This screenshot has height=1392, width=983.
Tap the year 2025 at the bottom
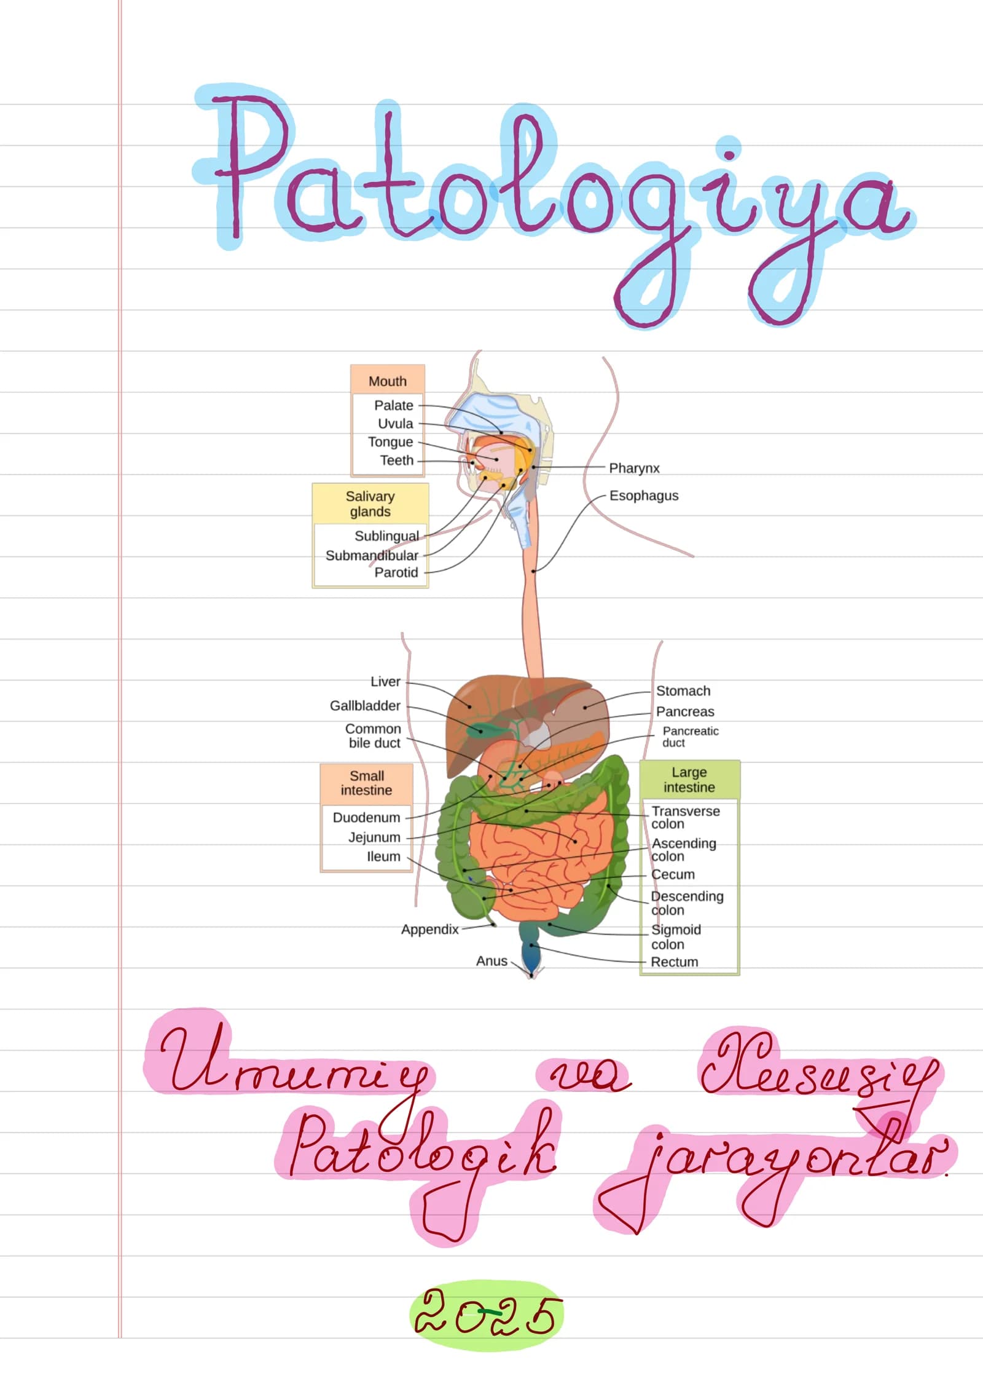tap(486, 1315)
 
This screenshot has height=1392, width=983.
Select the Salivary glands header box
tap(370, 504)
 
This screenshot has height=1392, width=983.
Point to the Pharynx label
tap(634, 468)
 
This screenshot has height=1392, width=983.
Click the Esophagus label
tap(644, 496)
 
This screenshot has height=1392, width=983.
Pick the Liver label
tap(385, 682)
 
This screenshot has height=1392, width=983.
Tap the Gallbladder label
tap(365, 706)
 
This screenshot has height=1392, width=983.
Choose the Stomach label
tap(683, 691)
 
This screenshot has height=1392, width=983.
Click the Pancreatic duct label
tap(691, 737)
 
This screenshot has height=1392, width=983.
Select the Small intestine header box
tap(367, 783)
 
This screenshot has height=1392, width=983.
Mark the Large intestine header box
tap(689, 780)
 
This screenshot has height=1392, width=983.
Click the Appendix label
tap(430, 929)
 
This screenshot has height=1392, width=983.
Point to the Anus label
tap(491, 961)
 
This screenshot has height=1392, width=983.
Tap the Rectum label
tap(675, 962)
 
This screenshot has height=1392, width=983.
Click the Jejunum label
tap(374, 837)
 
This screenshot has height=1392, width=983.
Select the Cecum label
tap(673, 874)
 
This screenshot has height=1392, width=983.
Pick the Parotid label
tap(396, 572)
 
